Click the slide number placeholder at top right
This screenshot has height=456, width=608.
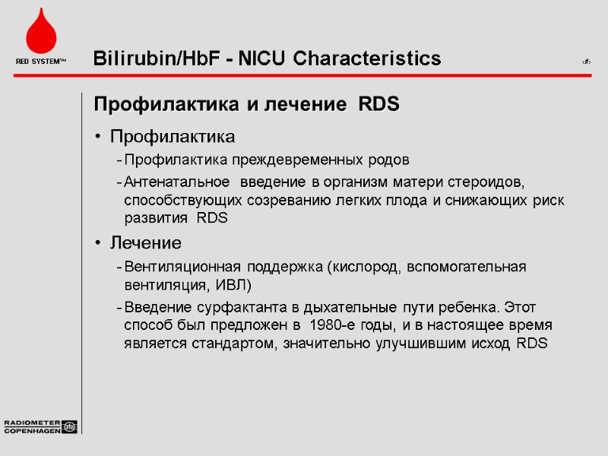point(586,61)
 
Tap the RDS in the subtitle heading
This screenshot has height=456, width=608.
point(378,104)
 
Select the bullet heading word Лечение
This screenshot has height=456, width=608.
point(146,244)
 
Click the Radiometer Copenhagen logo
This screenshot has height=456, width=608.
point(40,426)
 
